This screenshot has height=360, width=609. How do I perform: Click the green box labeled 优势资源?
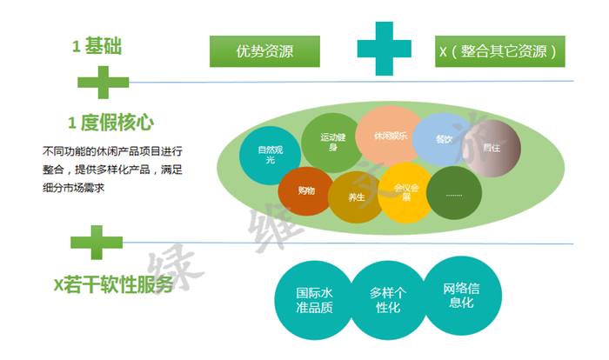click(x=264, y=51)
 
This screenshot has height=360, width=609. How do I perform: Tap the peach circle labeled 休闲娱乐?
click(x=389, y=136)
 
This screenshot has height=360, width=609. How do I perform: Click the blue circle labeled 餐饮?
click(x=444, y=140)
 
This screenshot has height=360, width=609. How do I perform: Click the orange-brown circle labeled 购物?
click(x=306, y=190)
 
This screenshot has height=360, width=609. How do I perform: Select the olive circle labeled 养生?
click(x=357, y=197)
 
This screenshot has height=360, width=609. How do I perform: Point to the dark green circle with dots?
click(x=454, y=192)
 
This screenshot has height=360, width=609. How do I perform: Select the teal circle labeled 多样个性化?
click(x=385, y=299)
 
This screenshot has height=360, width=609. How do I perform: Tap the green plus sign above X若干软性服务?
click(x=96, y=243)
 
